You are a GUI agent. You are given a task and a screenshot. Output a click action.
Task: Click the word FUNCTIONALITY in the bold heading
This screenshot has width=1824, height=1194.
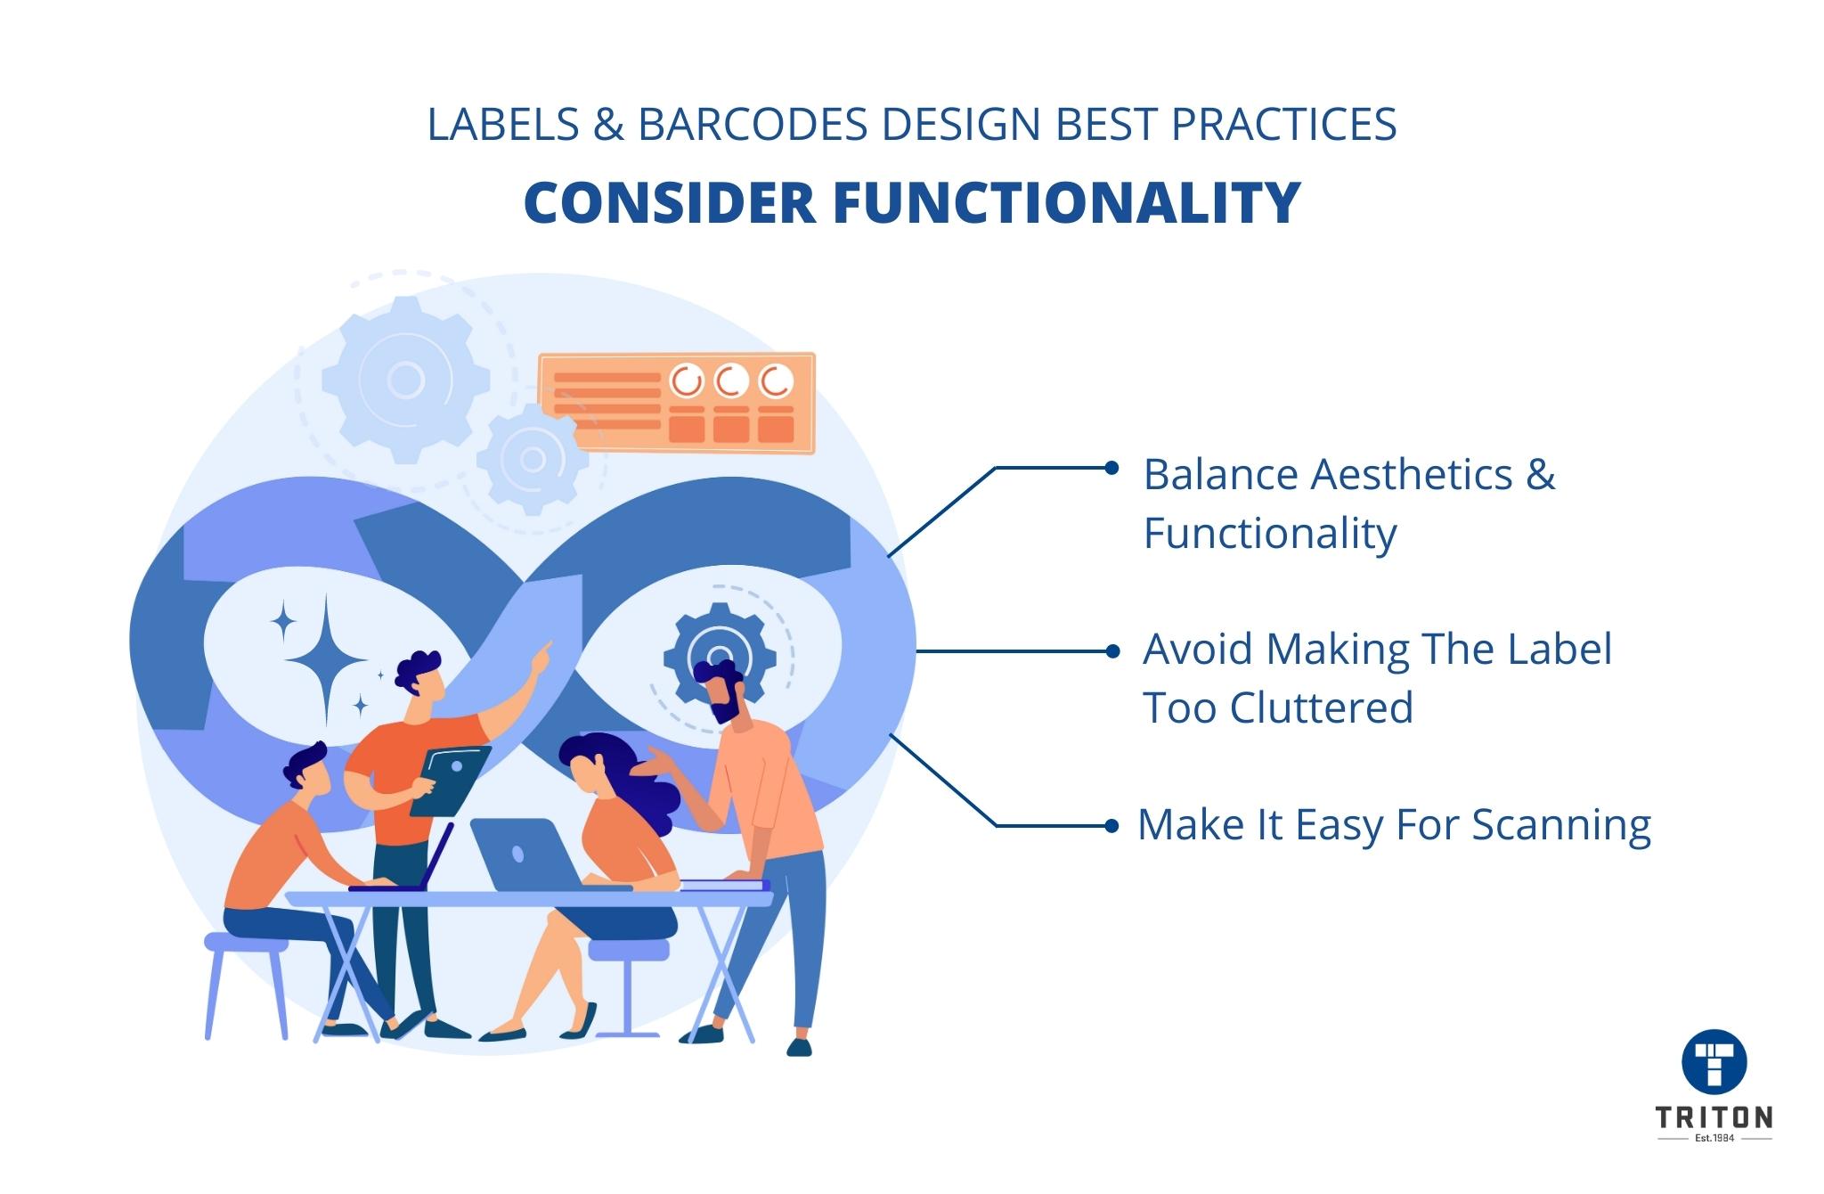(1066, 203)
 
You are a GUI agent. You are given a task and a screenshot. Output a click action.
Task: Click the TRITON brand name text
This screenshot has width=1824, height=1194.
(1714, 1117)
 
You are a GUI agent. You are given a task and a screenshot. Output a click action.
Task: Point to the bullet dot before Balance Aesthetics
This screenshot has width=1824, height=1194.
(1111, 468)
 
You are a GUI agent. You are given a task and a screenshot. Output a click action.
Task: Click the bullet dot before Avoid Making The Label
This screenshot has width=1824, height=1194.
(1111, 651)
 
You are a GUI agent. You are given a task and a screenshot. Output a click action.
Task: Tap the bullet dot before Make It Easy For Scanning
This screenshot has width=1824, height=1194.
(1111, 826)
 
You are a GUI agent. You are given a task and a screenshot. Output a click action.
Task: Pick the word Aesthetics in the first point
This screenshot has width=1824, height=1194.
(1411, 474)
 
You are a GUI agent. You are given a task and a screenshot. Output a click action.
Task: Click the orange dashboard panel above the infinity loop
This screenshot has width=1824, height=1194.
(677, 402)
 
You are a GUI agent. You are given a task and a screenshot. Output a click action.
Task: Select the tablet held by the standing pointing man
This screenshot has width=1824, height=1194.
(450, 781)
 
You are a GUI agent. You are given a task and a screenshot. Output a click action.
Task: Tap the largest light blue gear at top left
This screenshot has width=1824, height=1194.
(405, 380)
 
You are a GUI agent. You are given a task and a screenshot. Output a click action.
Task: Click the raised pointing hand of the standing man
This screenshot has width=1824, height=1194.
(542, 654)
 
